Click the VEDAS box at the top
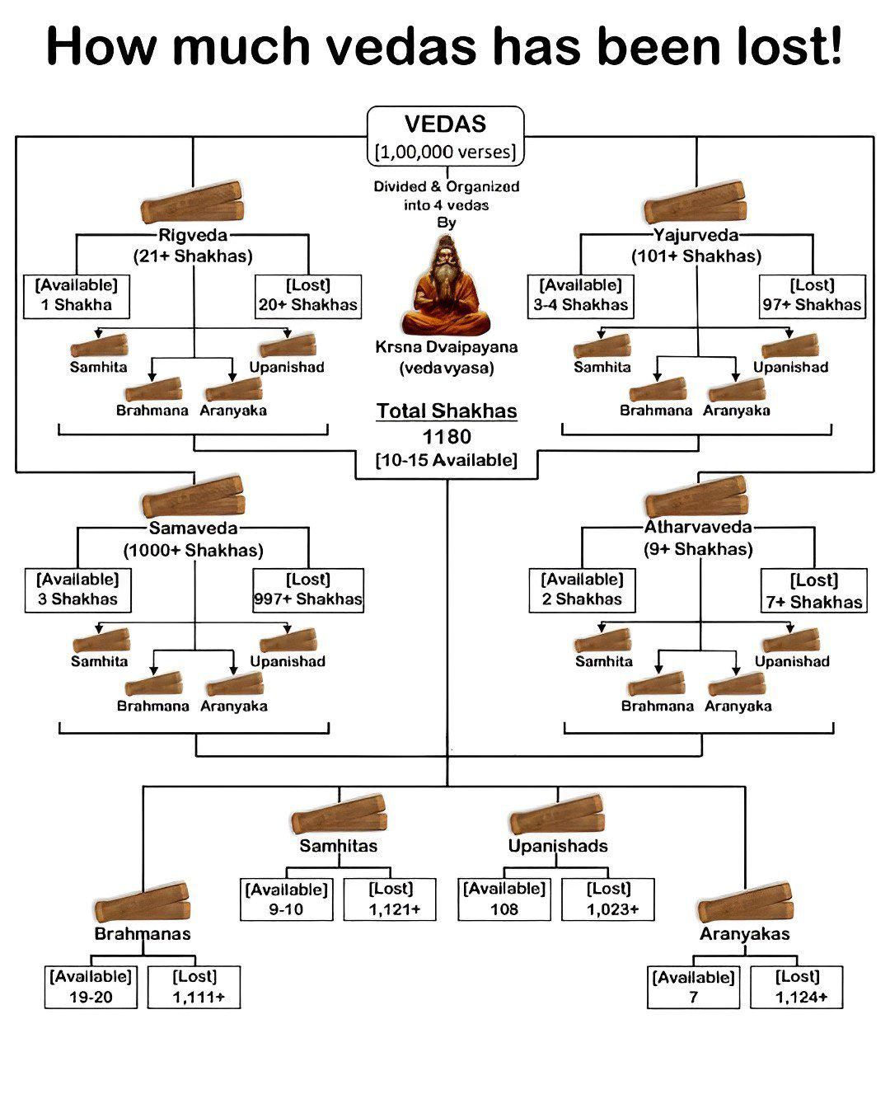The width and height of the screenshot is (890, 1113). (x=445, y=137)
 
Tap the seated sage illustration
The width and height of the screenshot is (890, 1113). (x=446, y=284)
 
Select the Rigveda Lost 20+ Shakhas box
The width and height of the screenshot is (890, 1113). (x=307, y=295)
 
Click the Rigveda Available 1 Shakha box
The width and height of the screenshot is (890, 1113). (x=76, y=295)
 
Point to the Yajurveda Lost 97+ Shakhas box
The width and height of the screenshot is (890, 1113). (x=812, y=295)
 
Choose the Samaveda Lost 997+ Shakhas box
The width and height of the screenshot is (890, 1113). (x=307, y=589)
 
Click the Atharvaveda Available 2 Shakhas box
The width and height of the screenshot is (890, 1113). (x=582, y=589)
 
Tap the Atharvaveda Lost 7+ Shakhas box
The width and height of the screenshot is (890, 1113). (x=813, y=590)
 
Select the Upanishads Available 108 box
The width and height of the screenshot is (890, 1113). (x=504, y=899)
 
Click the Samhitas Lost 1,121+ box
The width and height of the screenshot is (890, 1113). (x=390, y=899)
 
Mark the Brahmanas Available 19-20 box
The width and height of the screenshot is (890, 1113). (x=91, y=987)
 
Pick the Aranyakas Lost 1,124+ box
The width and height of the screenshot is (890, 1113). (x=796, y=987)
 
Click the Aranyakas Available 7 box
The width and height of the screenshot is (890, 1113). (x=693, y=987)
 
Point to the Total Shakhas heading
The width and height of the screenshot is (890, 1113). (x=447, y=411)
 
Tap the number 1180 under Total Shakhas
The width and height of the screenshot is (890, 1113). (x=447, y=436)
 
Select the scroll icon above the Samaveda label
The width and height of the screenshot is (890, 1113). (x=194, y=496)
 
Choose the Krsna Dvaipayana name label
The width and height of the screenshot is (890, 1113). (x=447, y=347)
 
